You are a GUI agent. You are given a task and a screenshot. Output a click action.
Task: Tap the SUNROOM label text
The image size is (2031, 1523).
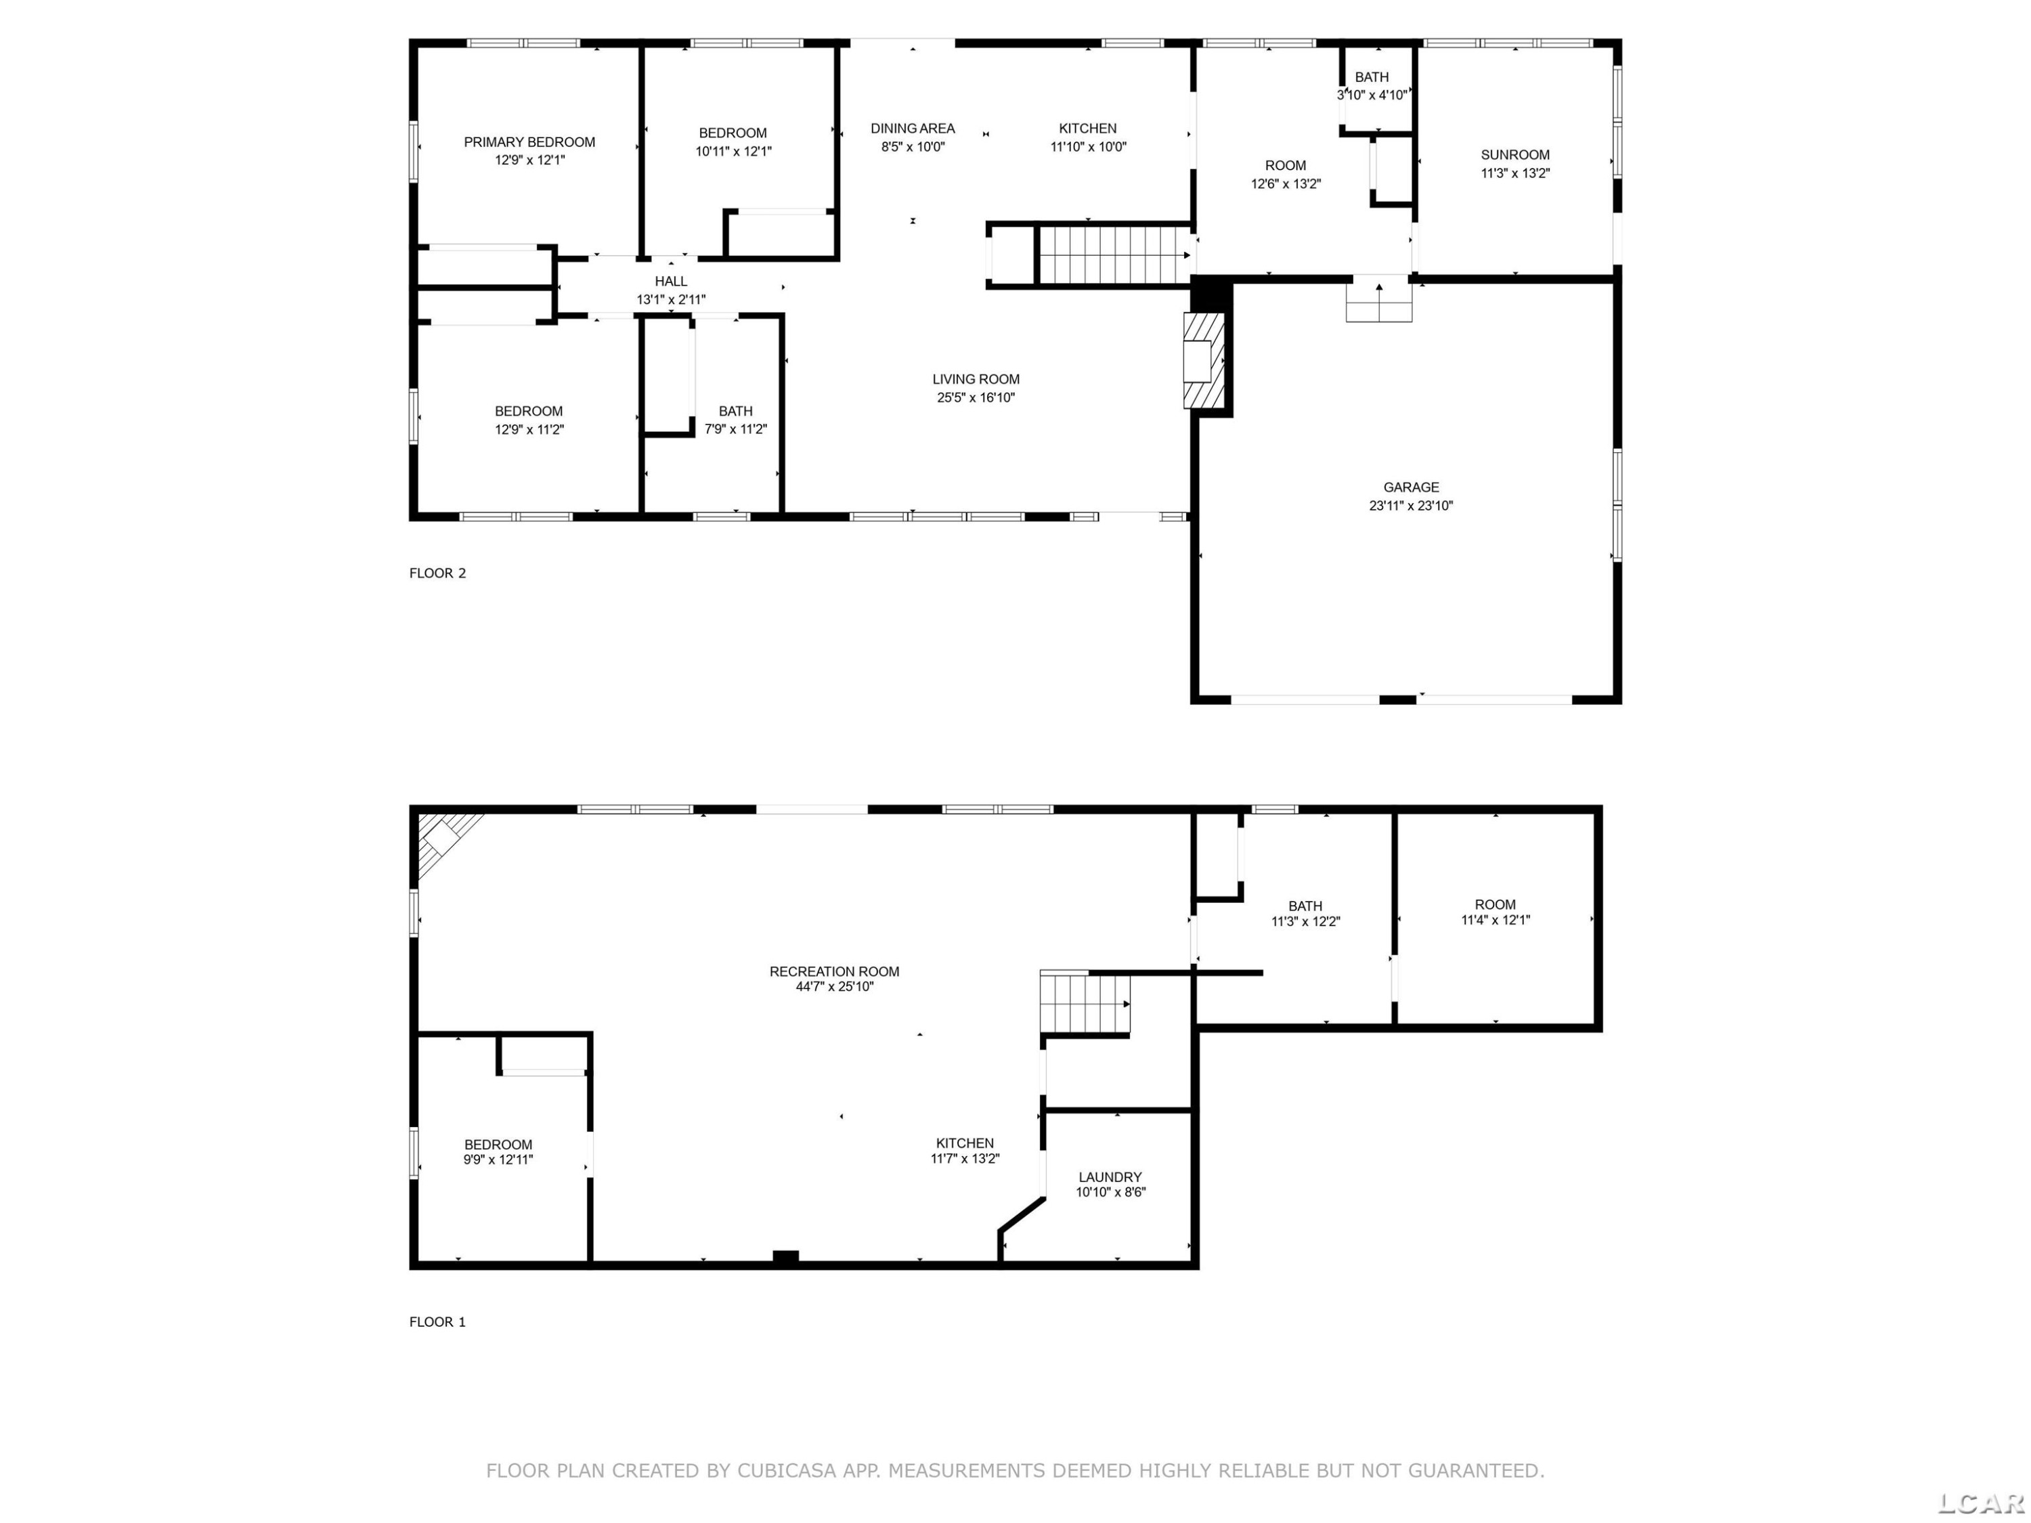[1515, 155]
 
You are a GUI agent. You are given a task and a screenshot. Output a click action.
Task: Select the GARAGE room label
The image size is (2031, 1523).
[1412, 487]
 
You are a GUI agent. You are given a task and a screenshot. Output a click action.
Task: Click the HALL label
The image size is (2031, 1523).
[671, 282]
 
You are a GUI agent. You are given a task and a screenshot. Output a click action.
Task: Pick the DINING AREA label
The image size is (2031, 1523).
[913, 129]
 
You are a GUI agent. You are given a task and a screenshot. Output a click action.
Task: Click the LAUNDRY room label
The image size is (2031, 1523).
[1110, 1177]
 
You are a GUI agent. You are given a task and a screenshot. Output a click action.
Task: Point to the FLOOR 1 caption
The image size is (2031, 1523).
[437, 1322]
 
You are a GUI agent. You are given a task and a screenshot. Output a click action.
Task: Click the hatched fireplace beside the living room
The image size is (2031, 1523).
[1204, 361]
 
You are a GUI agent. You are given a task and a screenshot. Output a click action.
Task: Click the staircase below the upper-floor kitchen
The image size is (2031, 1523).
[1114, 255]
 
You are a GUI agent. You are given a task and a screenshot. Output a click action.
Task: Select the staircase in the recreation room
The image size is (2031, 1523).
[1085, 1002]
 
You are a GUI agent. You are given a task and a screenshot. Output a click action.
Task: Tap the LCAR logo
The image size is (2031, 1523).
[1980, 1503]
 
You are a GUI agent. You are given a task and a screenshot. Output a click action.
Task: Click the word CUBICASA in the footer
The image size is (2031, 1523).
[787, 1471]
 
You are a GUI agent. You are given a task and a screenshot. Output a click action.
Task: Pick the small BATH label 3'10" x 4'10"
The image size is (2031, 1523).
[1372, 86]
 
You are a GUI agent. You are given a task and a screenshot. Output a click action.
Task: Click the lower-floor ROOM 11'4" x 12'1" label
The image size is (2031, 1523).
[1495, 912]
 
